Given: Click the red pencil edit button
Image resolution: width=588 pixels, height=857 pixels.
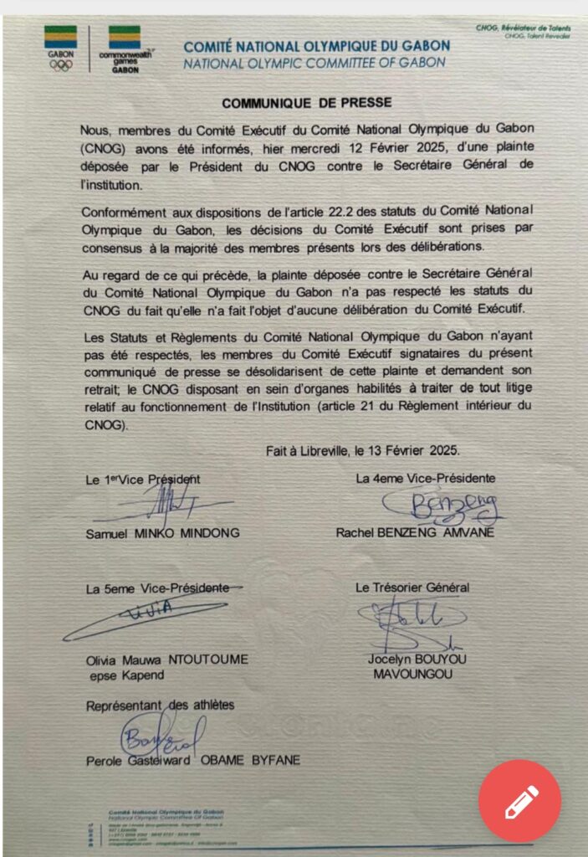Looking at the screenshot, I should (519, 800).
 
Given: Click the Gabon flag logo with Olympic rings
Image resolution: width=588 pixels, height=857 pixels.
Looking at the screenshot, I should (60, 48).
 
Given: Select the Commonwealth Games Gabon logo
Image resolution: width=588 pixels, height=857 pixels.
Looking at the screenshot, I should (125, 49).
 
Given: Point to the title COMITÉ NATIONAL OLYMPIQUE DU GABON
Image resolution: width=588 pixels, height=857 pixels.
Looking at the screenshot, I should (316, 46).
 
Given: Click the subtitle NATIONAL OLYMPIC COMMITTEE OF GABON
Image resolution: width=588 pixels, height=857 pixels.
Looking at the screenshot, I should (314, 62).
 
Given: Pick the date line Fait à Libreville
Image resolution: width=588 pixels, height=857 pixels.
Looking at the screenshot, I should (362, 450).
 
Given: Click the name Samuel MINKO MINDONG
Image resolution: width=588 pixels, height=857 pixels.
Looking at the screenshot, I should (162, 533).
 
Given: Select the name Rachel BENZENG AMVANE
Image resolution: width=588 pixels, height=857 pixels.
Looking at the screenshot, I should (415, 532).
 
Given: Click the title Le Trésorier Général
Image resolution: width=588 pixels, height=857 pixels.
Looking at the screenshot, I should (412, 588).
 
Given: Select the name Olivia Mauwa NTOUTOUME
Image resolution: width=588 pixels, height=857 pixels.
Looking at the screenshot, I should (167, 659).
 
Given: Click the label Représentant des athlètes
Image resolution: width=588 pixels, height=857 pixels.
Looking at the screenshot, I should (160, 706).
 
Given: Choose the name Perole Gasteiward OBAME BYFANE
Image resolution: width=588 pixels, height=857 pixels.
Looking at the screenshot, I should (192, 760).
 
